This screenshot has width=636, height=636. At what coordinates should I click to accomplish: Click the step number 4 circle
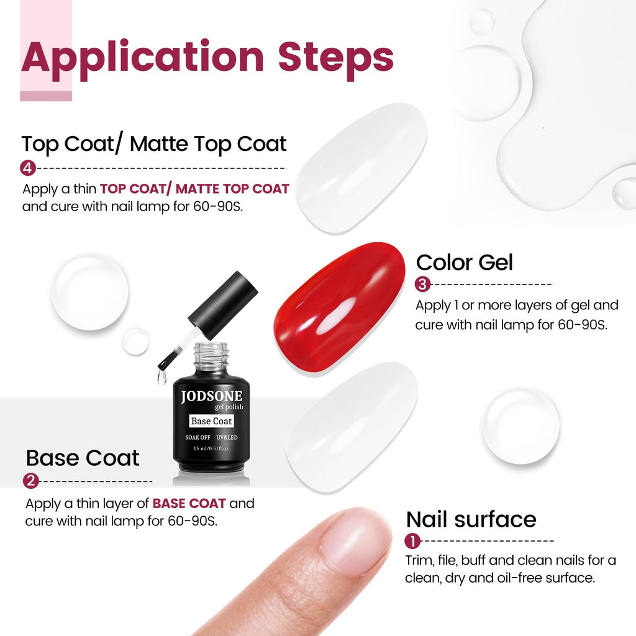(x=27, y=168)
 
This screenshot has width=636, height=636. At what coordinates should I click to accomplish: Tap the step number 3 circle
(x=422, y=284)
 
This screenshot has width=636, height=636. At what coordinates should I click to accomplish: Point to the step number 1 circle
(x=412, y=541)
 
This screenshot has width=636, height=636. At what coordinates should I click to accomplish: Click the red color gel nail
(x=339, y=307)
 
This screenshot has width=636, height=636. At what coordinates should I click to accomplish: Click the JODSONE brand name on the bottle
(x=211, y=396)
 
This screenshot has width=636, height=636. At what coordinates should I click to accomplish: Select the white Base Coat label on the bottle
(x=211, y=421)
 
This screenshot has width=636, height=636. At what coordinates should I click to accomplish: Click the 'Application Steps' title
(x=207, y=57)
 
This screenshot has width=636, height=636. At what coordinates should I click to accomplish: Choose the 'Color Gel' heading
(x=465, y=262)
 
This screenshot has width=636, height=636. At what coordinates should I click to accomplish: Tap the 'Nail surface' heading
(x=471, y=519)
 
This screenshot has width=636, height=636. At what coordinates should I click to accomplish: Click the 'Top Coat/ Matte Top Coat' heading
(x=154, y=143)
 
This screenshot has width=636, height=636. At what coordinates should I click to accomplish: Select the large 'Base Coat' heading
(x=83, y=458)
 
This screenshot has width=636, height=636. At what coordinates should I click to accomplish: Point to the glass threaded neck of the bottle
(x=211, y=354)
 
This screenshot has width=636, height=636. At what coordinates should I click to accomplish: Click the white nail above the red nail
(x=361, y=168)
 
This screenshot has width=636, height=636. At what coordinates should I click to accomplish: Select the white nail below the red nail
(x=352, y=427)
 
